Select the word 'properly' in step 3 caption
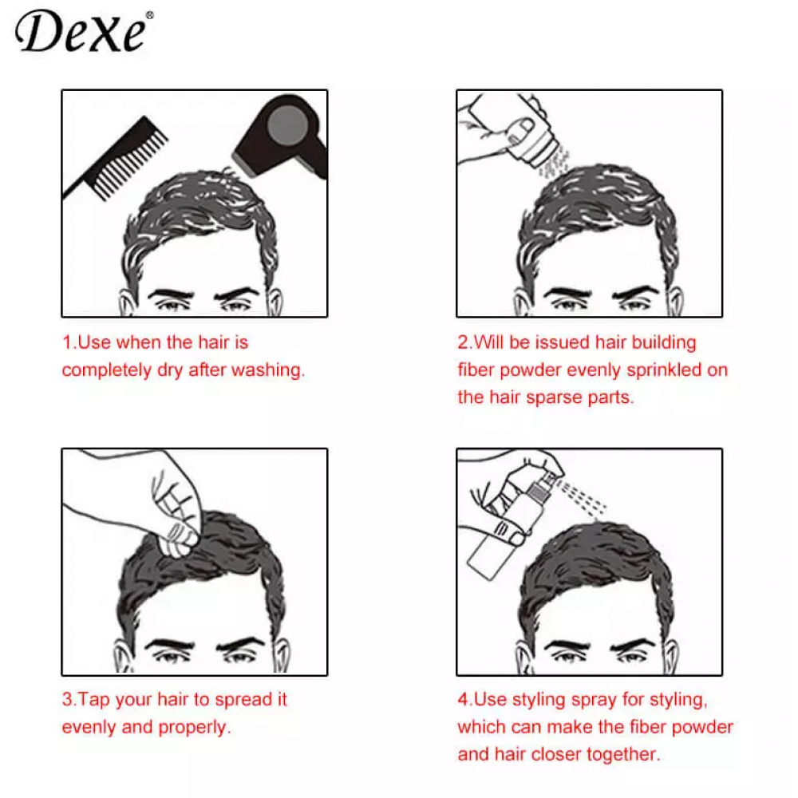pos(195,727)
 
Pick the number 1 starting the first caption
pos(66,343)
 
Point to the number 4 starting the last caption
pos(462,700)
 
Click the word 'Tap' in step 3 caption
pos(95,700)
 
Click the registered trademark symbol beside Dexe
pos(148,15)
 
